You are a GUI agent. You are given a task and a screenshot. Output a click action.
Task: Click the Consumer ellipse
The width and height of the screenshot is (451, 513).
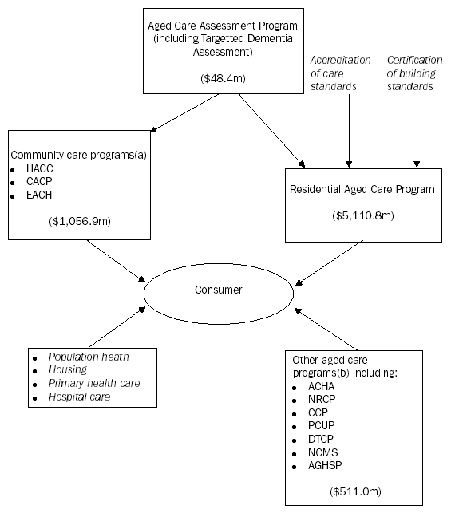218,290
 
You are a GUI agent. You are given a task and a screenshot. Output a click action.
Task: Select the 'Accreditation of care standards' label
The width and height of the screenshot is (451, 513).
341,73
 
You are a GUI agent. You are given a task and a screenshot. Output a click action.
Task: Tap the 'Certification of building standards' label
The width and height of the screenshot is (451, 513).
411,73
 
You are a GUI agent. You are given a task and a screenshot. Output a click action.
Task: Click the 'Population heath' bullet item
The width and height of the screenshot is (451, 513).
87,357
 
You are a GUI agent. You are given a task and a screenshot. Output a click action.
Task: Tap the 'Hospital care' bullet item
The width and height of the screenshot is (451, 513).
79,396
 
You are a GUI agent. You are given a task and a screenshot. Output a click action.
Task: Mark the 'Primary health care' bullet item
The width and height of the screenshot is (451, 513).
93,383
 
